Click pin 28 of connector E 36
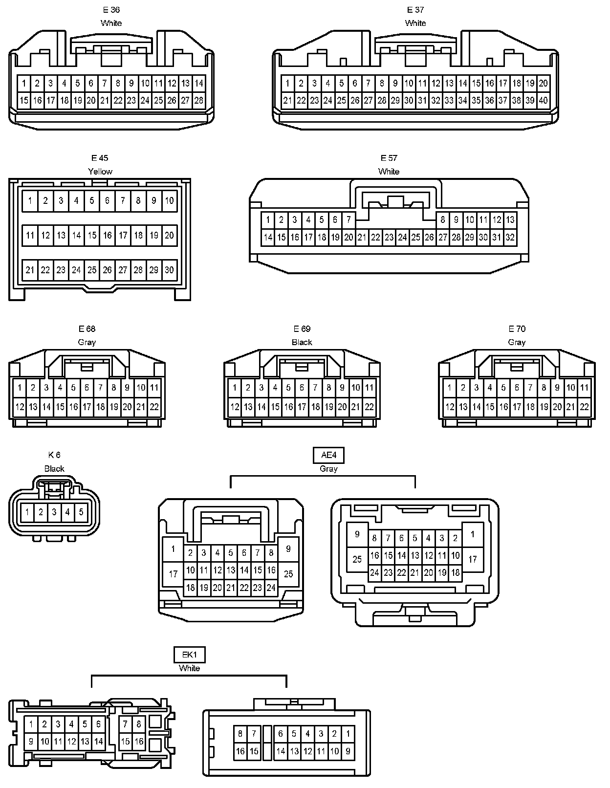(x=198, y=101)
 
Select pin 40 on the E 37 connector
(x=543, y=101)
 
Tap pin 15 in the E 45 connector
(x=92, y=235)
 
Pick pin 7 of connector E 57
(x=349, y=219)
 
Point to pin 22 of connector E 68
(x=154, y=406)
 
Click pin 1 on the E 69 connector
(x=235, y=388)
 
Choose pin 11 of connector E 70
(x=584, y=388)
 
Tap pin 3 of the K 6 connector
(x=54, y=512)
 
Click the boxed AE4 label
(x=328, y=455)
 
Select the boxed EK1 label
(x=189, y=655)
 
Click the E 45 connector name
(x=100, y=158)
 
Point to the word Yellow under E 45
(x=100, y=172)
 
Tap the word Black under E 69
(x=302, y=342)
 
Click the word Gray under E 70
(x=517, y=342)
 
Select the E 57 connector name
(x=389, y=158)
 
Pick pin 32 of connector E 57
(x=510, y=238)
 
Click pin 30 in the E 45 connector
(x=169, y=270)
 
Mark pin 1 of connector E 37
(x=287, y=83)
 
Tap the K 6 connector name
(x=54, y=455)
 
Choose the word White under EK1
(x=189, y=668)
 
